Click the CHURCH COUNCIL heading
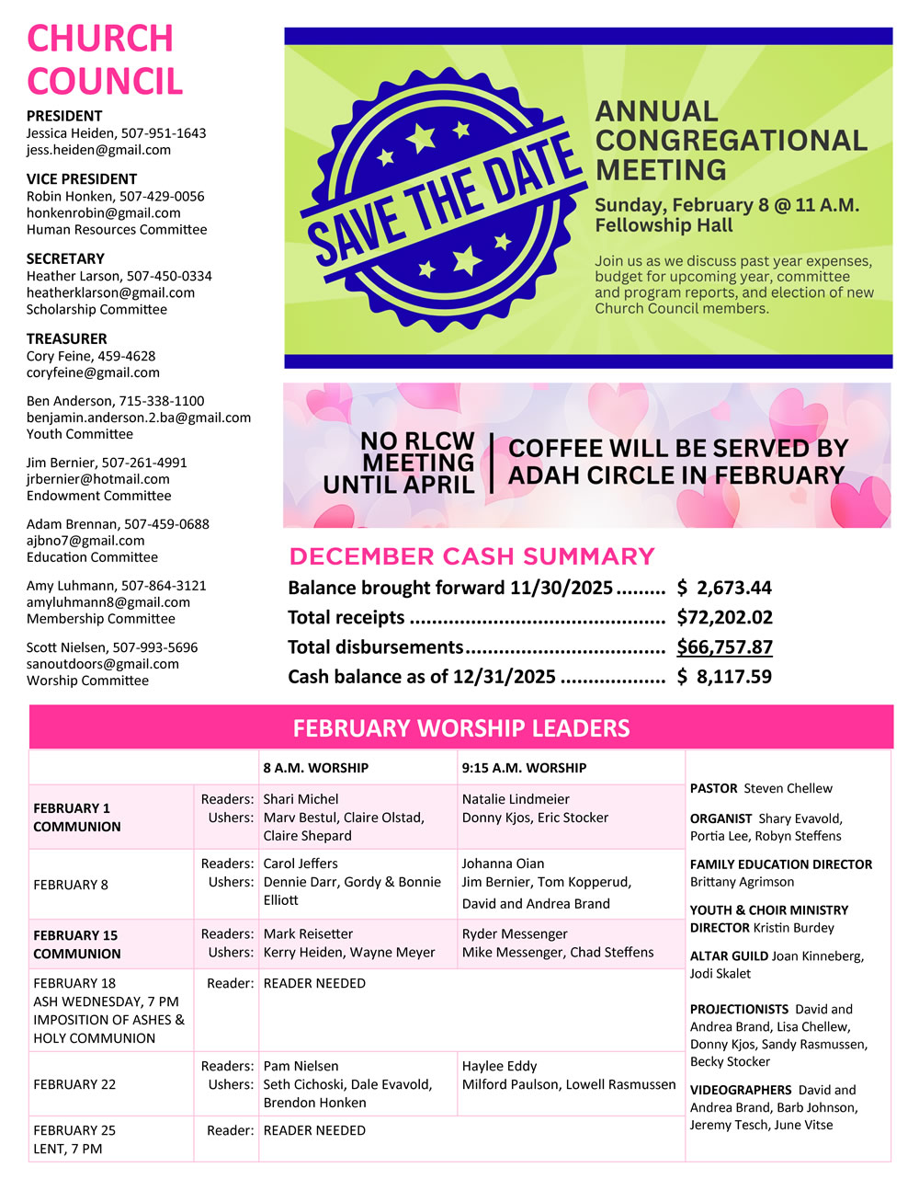[105, 60]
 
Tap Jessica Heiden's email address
[98, 150]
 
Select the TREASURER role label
[66, 338]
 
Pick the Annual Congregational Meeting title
[731, 141]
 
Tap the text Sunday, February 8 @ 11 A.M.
[726, 205]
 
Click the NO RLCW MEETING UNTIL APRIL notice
[402, 463]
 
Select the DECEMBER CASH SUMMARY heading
[471, 556]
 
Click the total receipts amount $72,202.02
[724, 617]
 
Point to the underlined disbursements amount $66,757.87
[724, 646]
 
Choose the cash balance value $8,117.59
[724, 677]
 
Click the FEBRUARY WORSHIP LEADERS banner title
[461, 728]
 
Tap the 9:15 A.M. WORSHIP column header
[524, 768]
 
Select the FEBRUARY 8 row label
[70, 885]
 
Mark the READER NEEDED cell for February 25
[314, 1130]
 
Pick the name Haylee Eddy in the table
[499, 1066]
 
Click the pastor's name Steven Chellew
[788, 788]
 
